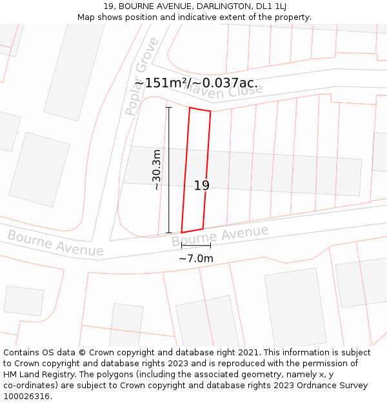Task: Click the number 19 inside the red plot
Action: [202, 186]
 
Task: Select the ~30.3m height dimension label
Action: [156, 170]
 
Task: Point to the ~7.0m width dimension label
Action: [195, 259]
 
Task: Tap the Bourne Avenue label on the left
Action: [55, 243]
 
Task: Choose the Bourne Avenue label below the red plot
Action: [220, 236]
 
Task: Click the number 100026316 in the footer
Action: [27, 397]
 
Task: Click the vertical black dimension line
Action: [169, 170]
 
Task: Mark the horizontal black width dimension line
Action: [195, 246]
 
